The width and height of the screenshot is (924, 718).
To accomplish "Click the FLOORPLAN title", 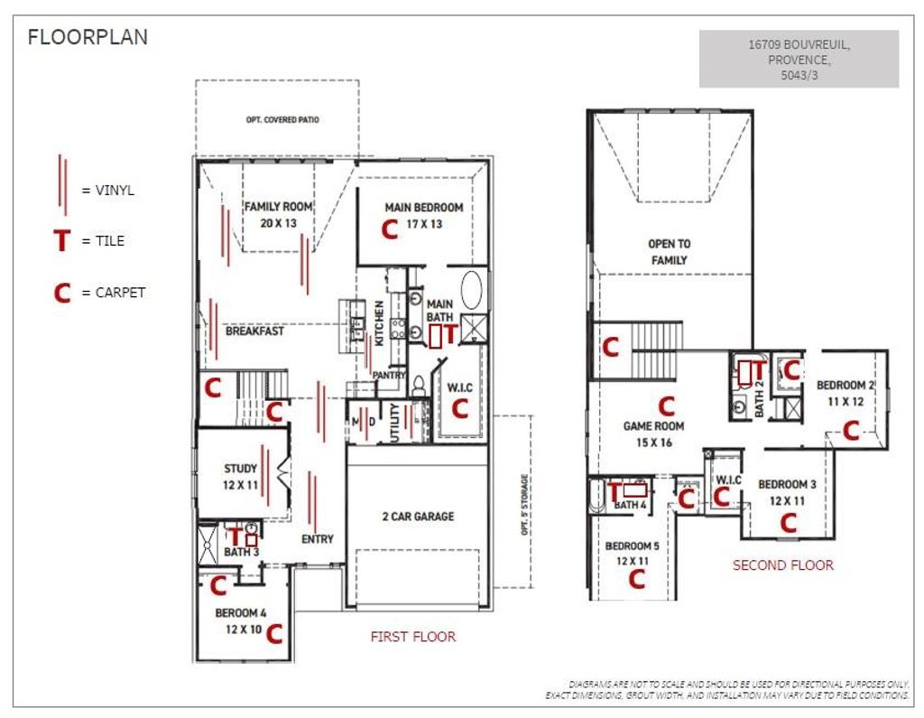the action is coord(88,37).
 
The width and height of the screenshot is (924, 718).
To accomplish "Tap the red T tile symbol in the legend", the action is coord(62,241).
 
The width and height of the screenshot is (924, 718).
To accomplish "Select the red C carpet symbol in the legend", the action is coord(62,293).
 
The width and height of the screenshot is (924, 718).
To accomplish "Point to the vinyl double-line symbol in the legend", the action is coord(62,184).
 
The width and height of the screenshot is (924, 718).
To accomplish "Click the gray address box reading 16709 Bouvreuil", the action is coord(799,59).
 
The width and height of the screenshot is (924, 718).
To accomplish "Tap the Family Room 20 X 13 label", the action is coord(279,215).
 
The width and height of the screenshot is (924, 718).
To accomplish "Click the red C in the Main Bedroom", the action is coord(390,228).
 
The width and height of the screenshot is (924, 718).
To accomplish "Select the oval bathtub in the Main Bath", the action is coord(471,290).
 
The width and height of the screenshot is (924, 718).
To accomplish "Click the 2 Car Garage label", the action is coord(419,517).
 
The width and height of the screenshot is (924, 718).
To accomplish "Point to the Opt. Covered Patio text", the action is coord(282,120).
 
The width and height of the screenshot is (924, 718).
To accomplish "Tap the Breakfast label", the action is coord(254,331).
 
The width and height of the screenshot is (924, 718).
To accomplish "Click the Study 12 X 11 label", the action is coord(240,477).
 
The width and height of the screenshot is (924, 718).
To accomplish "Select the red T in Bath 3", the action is coord(236,536).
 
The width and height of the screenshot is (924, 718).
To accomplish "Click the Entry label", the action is coord(318,539).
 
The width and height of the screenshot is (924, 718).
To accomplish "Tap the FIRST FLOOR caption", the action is coord(413,637).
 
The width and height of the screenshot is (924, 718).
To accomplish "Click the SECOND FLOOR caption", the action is coord(783,565).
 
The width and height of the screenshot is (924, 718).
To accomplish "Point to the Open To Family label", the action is coord(669,252).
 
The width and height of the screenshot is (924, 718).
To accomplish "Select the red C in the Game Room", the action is coord(667,406).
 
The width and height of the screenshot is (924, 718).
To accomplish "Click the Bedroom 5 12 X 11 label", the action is coord(633,554).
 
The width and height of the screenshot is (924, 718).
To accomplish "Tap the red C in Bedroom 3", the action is coord(789,523).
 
